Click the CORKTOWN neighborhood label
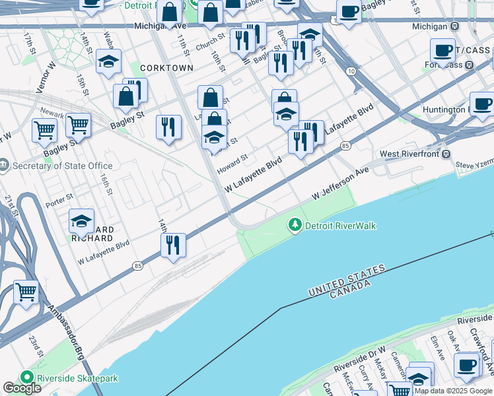(166, 68)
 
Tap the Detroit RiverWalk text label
(340, 226)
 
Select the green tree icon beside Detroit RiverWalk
(295, 226)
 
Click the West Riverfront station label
(409, 154)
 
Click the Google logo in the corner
(22, 388)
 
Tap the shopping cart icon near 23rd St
(26, 292)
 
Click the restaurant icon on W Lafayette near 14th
(172, 246)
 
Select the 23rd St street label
(35, 346)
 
